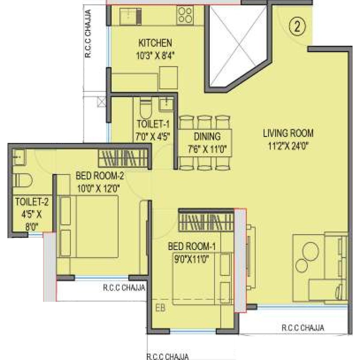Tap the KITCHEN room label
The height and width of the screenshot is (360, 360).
155,43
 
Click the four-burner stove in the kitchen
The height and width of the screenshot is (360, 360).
185,15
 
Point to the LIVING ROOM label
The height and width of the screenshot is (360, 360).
288,133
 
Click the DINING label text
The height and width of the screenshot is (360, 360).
207,136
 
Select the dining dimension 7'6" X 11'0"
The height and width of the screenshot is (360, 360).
207,149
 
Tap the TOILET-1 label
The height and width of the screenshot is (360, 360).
151,124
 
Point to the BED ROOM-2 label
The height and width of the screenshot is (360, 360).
100,175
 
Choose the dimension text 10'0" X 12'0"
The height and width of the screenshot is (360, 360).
99,188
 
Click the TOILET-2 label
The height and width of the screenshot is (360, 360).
31,202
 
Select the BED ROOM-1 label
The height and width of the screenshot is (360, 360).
192,247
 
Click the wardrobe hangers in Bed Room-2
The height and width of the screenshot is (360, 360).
123,158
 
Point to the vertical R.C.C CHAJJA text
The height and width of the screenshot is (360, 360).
88,34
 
